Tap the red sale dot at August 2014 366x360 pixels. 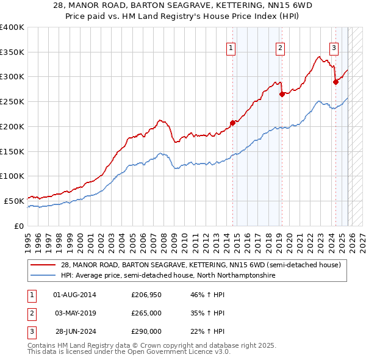(232, 123)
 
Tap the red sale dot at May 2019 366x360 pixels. (282, 93)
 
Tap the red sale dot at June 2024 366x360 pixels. (335, 81)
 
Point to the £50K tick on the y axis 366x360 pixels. (14, 200)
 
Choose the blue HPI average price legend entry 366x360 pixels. (168, 276)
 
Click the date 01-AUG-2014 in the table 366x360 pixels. (74, 295)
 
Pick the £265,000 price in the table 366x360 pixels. (146, 313)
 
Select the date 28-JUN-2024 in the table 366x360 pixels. (74, 331)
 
